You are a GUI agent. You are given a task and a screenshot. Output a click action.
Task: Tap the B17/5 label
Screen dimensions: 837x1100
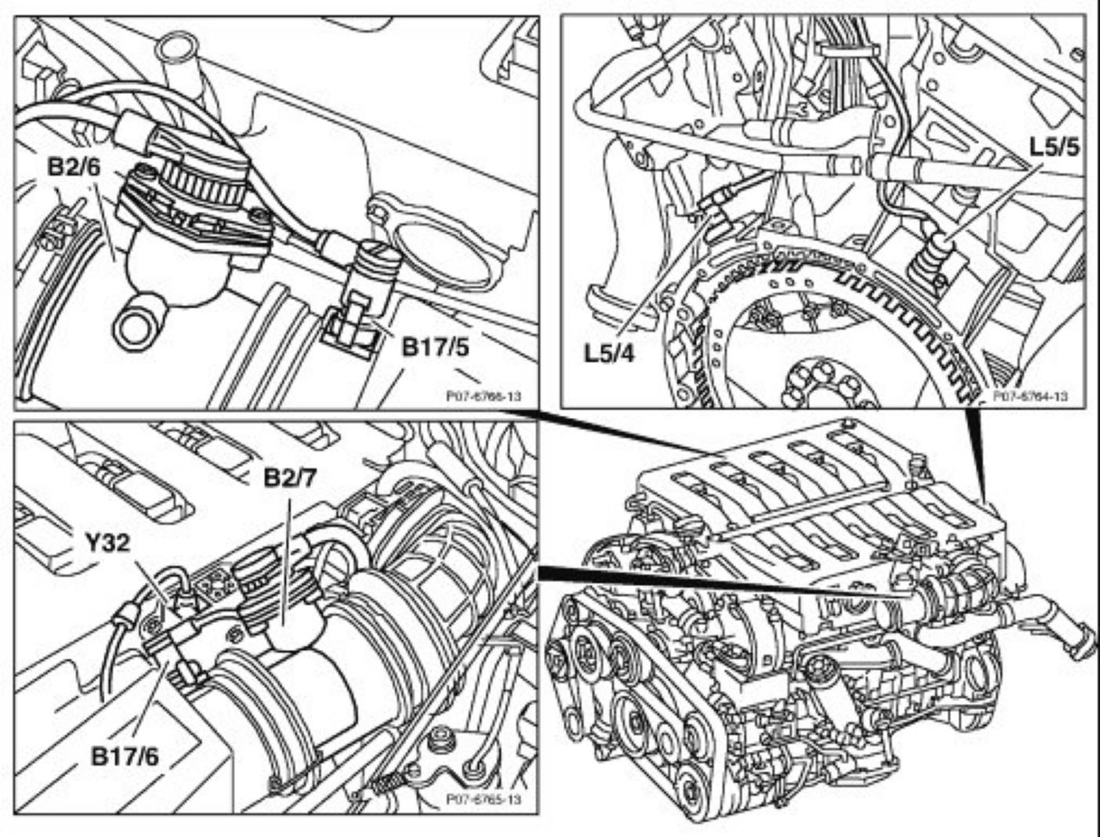435,346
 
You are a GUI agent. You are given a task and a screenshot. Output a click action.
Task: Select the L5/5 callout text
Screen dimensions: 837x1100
1053,147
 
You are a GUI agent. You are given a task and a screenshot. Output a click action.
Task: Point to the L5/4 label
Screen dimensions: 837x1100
609,351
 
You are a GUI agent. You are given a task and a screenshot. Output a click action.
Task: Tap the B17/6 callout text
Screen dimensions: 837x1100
125,755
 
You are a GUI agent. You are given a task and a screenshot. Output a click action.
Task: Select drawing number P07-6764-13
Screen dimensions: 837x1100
1029,397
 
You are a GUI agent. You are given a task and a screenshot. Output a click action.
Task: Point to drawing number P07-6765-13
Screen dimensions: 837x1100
483,799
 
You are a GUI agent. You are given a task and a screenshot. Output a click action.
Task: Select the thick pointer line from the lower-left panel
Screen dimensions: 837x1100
729,584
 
